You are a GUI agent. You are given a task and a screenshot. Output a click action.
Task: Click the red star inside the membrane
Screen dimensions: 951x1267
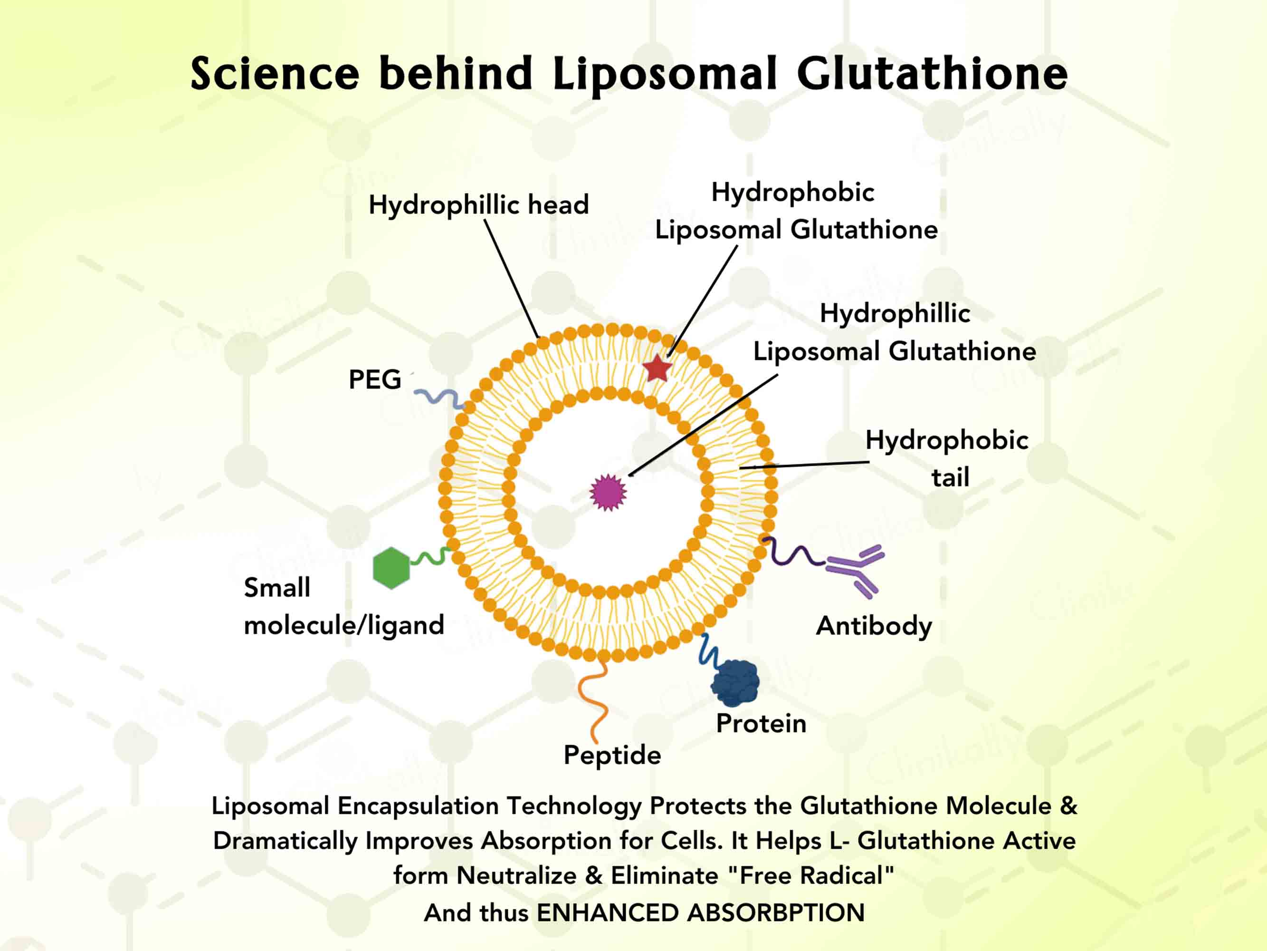click(657, 369)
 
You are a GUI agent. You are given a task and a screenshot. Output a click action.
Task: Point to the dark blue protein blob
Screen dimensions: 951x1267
click(735, 682)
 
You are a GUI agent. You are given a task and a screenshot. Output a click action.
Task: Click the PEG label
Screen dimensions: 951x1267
click(375, 379)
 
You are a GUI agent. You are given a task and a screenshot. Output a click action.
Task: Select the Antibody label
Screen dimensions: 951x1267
click(874, 626)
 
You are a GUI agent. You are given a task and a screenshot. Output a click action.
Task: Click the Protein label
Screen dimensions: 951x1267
click(761, 723)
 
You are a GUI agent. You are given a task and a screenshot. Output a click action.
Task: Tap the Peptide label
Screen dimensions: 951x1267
click(612, 755)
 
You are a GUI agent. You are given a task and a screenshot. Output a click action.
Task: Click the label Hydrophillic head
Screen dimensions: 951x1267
click(478, 204)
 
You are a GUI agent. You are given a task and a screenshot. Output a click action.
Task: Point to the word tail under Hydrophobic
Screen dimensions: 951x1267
click(950, 477)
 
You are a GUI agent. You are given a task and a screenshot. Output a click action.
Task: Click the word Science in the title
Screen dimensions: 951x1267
click(275, 74)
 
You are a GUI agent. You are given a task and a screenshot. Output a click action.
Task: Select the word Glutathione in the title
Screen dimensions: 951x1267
click(932, 74)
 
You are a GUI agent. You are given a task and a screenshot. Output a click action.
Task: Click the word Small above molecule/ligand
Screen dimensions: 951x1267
click(276, 588)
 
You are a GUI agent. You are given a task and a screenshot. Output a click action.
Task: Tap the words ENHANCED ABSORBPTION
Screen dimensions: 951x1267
click(700, 913)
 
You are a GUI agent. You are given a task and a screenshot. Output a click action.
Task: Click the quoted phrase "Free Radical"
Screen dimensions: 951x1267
click(810, 876)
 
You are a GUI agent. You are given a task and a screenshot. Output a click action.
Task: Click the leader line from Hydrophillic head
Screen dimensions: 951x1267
click(512, 279)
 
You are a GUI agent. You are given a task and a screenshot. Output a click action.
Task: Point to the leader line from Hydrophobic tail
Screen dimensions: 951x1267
click(805, 465)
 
